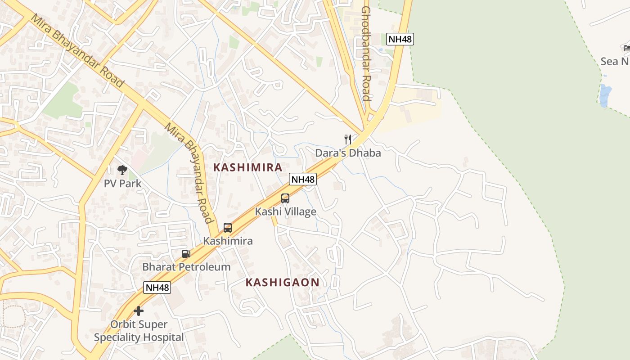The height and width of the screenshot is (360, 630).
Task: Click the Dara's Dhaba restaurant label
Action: pyautogui.click(x=348, y=153)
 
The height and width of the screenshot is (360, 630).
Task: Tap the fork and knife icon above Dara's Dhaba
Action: pyautogui.click(x=348, y=139)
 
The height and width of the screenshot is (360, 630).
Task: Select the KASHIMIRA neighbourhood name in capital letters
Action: pyautogui.click(x=247, y=167)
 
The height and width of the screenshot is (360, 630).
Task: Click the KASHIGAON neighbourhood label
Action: pyautogui.click(x=283, y=283)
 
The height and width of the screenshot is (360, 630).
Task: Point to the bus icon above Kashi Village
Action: pyautogui.click(x=285, y=198)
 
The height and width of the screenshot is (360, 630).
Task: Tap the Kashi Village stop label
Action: pyautogui.click(x=285, y=211)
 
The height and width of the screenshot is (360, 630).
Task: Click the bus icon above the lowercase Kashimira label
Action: pyautogui.click(x=228, y=228)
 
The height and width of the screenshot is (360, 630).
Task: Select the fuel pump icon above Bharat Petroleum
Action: pyautogui.click(x=186, y=254)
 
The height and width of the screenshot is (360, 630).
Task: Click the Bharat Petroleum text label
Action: pyautogui.click(x=186, y=267)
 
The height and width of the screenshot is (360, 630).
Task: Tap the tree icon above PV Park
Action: pyautogui.click(x=122, y=170)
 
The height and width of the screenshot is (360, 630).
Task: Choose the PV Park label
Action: pyautogui.click(x=122, y=184)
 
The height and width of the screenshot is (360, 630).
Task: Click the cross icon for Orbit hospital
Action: pyautogui.click(x=139, y=311)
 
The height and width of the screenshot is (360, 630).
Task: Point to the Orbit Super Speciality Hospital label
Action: pyautogui.click(x=139, y=331)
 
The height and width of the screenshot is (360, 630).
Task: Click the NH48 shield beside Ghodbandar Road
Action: pyautogui.click(x=400, y=39)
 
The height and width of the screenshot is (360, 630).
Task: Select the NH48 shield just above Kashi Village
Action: pyautogui.click(x=303, y=179)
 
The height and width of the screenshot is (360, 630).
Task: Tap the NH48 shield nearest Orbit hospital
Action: pyautogui.click(x=157, y=288)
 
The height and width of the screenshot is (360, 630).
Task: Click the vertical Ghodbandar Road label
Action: pyautogui.click(x=365, y=54)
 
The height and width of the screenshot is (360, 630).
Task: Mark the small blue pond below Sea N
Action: pyautogui.click(x=605, y=95)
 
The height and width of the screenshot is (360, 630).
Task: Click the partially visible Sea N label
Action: pyautogui.click(x=615, y=62)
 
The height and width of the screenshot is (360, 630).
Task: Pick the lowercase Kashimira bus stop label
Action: pyautogui.click(x=228, y=241)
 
